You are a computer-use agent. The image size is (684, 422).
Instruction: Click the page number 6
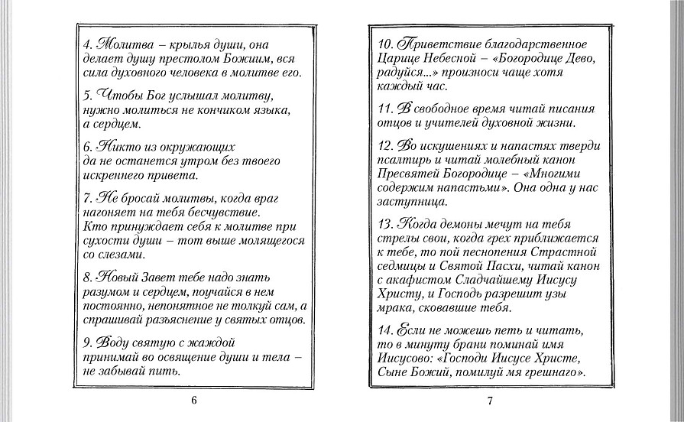click(194, 401)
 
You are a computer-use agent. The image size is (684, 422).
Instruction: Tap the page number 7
click(490, 401)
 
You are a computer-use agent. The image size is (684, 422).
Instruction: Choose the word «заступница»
click(413, 203)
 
